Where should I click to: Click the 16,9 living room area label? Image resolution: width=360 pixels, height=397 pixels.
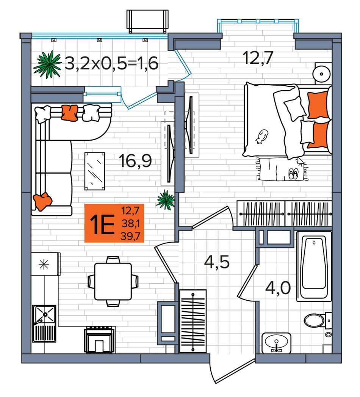tap(135, 161)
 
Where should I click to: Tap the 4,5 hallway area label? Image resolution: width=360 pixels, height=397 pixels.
tap(217, 262)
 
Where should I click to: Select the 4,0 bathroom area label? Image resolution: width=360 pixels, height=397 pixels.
tap(278, 288)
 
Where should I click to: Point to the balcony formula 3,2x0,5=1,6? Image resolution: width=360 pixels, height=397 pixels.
tap(111, 63)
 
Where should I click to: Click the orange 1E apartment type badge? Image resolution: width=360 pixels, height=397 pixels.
tap(114, 223)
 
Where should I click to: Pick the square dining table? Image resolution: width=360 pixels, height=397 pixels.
tap(113, 281)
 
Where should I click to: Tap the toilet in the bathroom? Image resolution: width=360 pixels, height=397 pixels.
tap(318, 320)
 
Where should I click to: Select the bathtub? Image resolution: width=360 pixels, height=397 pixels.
tap(314, 266)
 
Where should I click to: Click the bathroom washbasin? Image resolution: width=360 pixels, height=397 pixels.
tap(276, 343)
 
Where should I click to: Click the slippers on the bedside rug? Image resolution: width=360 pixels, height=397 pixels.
tap(293, 174)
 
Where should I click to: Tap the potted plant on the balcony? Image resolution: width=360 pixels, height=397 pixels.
tap(48, 64)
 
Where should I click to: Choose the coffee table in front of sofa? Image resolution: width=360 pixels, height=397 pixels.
tap(95, 171)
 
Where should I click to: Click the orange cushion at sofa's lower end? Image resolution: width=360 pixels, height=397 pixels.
tap(43, 201)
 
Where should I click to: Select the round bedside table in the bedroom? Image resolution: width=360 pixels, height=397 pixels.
tap(322, 74)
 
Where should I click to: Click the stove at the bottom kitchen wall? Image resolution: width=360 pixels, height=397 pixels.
tap(99, 339)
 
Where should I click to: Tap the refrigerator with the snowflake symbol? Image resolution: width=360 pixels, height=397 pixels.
tap(46, 264)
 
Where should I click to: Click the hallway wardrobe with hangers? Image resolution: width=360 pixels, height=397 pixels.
tap(193, 321)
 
